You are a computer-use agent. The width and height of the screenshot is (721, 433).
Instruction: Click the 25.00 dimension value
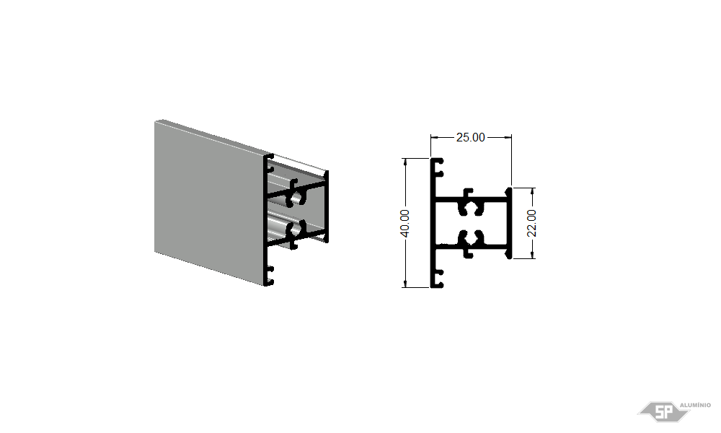point(470,137)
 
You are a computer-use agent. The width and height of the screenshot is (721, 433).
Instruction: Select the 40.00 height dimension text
point(404,224)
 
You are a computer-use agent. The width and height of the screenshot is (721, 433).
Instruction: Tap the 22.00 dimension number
point(531,223)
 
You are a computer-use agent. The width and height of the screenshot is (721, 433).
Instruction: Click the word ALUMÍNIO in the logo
point(695,405)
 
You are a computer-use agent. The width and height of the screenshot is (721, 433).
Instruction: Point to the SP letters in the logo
point(663,412)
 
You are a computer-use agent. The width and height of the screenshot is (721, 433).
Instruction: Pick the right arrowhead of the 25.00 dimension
point(508,137)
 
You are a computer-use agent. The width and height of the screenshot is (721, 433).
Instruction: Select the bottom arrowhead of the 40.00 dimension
point(405,283)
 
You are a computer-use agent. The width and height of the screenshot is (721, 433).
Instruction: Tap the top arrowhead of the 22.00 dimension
point(533,192)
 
